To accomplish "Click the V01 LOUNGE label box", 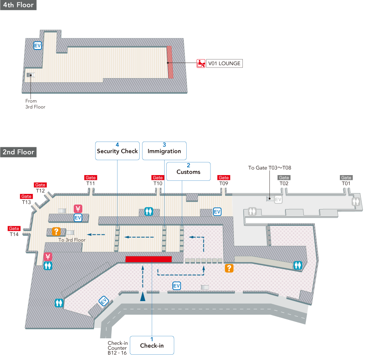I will click(224, 63).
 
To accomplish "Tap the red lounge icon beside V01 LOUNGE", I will click(201, 63).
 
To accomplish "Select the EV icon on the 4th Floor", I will click(37, 46).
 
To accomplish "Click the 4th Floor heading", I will click(18, 5).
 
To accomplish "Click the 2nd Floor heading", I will click(18, 152).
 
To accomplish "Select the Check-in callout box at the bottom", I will click(152, 345).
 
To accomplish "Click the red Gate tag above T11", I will click(90, 178).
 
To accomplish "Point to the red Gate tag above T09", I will click(224, 178).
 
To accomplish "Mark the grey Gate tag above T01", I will click(346, 178).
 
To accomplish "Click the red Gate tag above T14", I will click(14, 228).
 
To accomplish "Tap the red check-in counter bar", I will click(148, 259).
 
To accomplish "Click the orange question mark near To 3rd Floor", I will click(57, 231).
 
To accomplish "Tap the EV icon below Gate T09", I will click(217, 211).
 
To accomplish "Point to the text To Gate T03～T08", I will click(269, 168).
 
